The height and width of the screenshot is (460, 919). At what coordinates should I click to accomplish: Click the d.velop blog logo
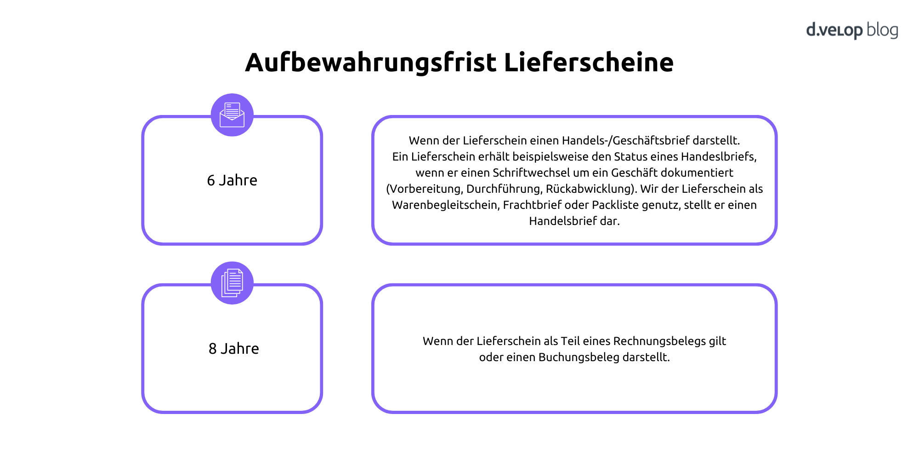tap(852, 30)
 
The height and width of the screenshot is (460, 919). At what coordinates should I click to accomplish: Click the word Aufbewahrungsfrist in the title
tap(371, 63)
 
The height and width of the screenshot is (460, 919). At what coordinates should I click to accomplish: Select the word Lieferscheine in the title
tap(589, 62)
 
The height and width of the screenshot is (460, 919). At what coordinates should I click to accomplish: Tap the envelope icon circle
tap(232, 115)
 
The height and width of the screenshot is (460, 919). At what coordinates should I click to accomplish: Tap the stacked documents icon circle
tap(232, 283)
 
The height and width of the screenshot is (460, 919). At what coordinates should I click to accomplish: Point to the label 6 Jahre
tap(232, 180)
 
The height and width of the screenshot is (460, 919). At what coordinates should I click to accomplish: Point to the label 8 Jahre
tap(233, 349)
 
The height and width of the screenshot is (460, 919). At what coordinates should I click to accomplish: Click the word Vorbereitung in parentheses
tap(425, 189)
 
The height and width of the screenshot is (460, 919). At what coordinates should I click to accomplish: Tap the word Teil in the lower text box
tap(570, 341)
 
